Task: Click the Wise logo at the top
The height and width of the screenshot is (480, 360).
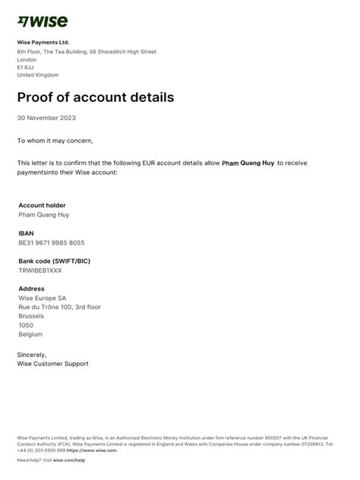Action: tap(42, 21)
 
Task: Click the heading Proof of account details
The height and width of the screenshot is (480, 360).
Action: tap(96, 97)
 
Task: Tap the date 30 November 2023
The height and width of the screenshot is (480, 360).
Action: tap(46, 118)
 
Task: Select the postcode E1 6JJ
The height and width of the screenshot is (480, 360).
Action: tap(25, 68)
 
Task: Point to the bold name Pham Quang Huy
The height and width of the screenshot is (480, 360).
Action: tap(248, 163)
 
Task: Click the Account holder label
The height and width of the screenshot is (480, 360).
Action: tap(42, 205)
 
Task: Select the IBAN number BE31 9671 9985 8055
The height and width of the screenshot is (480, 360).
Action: tap(52, 243)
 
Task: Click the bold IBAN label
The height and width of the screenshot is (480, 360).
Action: tap(26, 233)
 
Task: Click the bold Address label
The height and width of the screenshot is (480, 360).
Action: tap(31, 289)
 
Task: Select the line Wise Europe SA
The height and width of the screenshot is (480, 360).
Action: tap(42, 298)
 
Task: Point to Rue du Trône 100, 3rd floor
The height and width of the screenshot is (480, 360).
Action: tap(59, 307)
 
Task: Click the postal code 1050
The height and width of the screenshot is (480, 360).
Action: tap(26, 325)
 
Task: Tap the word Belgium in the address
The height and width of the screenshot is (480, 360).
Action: tap(30, 334)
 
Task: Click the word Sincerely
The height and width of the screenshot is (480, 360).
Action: tap(32, 355)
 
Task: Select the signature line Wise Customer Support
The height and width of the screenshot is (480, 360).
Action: tap(52, 364)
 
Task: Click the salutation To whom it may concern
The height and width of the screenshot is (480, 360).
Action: tap(55, 141)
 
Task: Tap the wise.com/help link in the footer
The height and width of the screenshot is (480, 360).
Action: tap(69, 460)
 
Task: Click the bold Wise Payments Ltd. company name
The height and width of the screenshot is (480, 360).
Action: tap(43, 42)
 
